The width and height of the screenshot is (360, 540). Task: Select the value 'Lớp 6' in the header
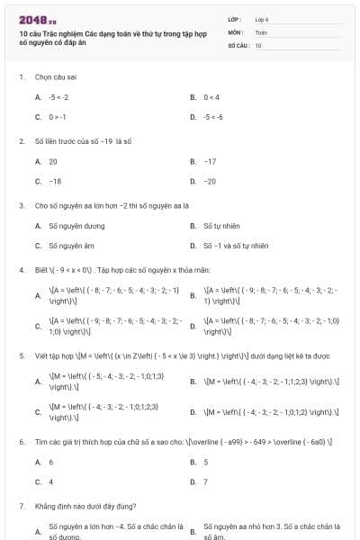262,18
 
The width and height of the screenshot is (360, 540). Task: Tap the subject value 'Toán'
261,31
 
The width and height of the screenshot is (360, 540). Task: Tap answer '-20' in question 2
210,181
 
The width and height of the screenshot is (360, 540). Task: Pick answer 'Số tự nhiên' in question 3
220,225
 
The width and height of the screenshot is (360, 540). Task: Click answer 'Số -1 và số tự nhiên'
236,245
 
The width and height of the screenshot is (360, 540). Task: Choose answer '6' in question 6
50,462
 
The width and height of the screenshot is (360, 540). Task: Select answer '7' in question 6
206,481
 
